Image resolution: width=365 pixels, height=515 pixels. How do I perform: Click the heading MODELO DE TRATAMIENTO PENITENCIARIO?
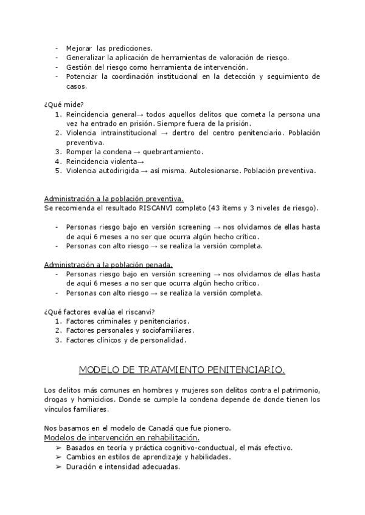tap(182, 369)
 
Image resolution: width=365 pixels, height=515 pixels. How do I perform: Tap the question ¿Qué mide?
tap(64, 104)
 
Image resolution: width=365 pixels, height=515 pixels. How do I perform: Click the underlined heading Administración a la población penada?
tap(108, 265)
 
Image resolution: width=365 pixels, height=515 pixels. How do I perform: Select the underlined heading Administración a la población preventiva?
tap(114, 199)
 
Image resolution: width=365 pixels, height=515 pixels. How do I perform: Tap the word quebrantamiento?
tap(173, 151)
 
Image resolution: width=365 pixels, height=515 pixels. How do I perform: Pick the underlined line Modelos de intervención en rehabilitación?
tap(122, 437)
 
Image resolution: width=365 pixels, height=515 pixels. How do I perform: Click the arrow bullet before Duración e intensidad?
tap(58, 467)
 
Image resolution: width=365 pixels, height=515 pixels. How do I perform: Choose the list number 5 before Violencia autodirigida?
tap(58, 171)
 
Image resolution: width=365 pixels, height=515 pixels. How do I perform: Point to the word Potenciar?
tap(82, 77)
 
